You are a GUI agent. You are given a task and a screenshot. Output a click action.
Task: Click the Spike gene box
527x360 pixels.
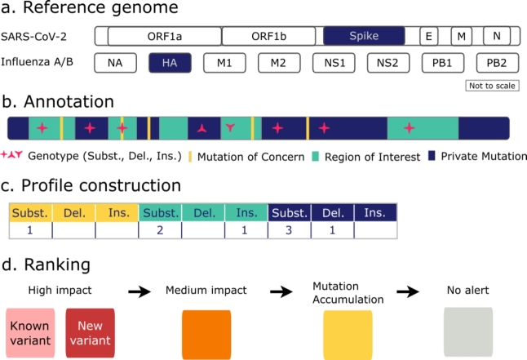pyautogui.click(x=364, y=36)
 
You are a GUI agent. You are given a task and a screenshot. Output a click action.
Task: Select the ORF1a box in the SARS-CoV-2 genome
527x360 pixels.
pyautogui.click(x=165, y=36)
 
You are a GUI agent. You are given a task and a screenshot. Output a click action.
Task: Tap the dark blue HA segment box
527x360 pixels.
pyautogui.click(x=170, y=63)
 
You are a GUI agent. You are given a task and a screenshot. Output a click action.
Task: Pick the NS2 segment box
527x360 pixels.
pyautogui.click(x=388, y=63)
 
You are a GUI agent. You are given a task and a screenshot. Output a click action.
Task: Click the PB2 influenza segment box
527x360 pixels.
pyautogui.click(x=498, y=63)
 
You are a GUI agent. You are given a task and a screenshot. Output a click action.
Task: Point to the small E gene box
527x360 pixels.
pyautogui.click(x=429, y=36)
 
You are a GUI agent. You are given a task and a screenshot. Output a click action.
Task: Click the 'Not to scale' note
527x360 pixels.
pyautogui.click(x=492, y=86)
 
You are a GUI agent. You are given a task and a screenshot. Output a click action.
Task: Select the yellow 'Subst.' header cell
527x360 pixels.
pyautogui.click(x=30, y=212)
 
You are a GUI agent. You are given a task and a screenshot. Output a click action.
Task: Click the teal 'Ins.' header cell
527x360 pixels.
pyautogui.click(x=246, y=212)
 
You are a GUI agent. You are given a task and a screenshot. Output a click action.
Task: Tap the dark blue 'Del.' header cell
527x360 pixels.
pyautogui.click(x=333, y=212)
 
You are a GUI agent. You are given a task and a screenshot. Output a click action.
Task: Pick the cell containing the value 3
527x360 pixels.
pyautogui.click(x=290, y=230)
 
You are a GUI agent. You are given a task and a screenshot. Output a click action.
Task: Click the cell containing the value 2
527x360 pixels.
pyautogui.click(x=160, y=230)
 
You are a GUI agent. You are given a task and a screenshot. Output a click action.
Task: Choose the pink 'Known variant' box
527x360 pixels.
pyautogui.click(x=30, y=333)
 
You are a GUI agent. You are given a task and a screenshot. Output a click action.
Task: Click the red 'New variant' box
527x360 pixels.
pyautogui.click(x=90, y=333)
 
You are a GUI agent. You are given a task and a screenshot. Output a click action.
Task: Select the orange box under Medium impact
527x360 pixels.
pyautogui.click(x=206, y=335)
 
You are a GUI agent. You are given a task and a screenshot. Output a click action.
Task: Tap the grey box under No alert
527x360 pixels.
pyautogui.click(x=468, y=331)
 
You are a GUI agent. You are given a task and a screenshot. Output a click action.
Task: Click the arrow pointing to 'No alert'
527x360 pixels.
pyautogui.click(x=408, y=291)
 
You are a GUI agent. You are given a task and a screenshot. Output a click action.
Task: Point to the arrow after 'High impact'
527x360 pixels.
pyautogui.click(x=139, y=291)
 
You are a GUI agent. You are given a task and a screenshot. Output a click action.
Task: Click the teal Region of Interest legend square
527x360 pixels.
pyautogui.click(x=315, y=156)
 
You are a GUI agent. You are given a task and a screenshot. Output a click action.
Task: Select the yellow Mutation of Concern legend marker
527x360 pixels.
pyautogui.click(x=190, y=157)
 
